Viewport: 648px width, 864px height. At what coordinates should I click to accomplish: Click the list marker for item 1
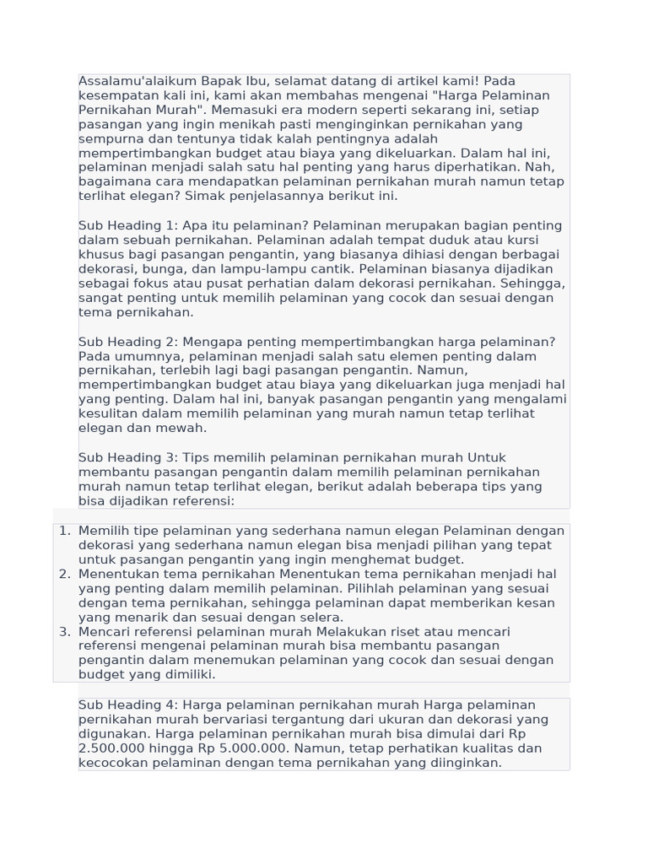pos(64,531)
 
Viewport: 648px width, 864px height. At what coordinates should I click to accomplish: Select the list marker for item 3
pos(64,631)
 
